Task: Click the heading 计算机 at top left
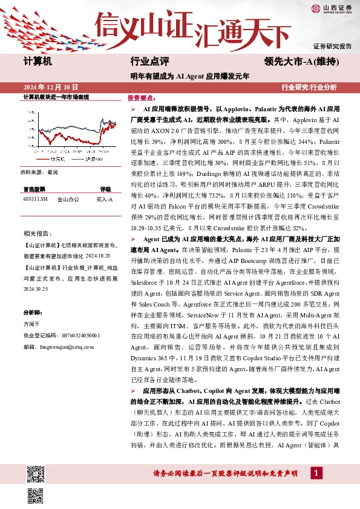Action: click(38, 61)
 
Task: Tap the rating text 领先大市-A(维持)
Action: click(301, 61)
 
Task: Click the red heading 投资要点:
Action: click(142, 97)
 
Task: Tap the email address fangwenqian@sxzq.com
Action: click(59, 347)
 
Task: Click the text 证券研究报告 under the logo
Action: click(332, 46)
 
